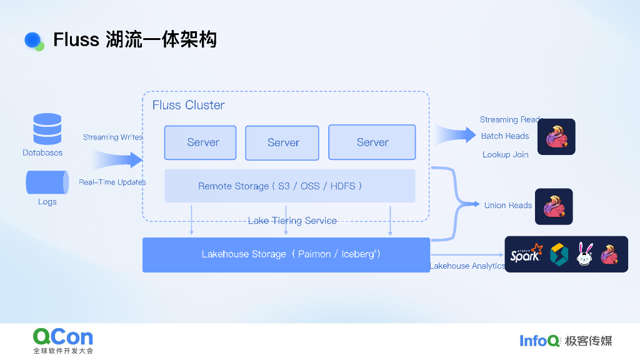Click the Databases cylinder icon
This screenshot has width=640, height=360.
click(x=47, y=129)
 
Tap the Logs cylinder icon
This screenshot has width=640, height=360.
click(x=47, y=182)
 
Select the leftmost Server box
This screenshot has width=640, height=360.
click(x=201, y=142)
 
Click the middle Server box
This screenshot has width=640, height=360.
click(x=282, y=143)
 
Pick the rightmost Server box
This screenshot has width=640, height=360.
click(x=372, y=142)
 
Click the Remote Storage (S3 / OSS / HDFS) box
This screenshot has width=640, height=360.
click(x=289, y=186)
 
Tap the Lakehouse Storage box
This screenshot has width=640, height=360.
click(x=286, y=254)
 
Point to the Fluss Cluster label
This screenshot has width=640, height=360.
click(x=188, y=105)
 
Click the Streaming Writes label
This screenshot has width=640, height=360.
click(x=112, y=137)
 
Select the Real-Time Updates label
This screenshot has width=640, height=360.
click(x=112, y=182)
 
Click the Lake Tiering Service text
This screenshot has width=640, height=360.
click(x=292, y=221)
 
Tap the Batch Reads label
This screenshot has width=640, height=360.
click(x=505, y=136)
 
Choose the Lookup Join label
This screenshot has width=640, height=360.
click(x=505, y=154)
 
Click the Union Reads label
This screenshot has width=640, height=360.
click(x=507, y=205)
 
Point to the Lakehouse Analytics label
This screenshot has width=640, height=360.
click(x=467, y=266)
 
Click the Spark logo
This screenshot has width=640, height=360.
click(x=526, y=254)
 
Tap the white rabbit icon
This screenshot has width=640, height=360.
click(x=584, y=254)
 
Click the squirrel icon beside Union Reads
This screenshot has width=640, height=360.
click(x=554, y=206)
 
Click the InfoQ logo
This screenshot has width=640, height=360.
click(x=539, y=341)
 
